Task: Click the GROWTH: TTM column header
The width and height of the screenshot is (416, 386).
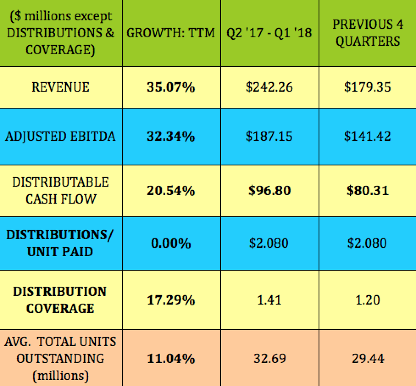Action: pyautogui.click(x=171, y=33)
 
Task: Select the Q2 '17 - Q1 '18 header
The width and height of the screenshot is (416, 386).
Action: pyautogui.click(x=269, y=33)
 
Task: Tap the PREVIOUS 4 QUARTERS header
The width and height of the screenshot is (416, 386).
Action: pyautogui.click(x=367, y=33)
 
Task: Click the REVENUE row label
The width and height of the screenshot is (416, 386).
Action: pyautogui.click(x=61, y=87)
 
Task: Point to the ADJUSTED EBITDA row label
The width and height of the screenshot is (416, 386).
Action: pyautogui.click(x=61, y=137)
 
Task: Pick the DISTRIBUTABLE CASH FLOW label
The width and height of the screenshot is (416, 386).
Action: pyautogui.click(x=61, y=190)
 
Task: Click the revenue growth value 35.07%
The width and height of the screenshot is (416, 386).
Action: pyautogui.click(x=171, y=87)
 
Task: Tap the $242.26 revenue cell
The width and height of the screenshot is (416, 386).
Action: pyautogui.click(x=269, y=87)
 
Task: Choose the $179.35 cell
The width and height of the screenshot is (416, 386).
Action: pyautogui.click(x=367, y=87)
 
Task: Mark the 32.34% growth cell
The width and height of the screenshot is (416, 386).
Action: pyautogui.click(x=171, y=137)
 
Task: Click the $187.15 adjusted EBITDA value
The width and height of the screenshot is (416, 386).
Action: pyautogui.click(x=269, y=137)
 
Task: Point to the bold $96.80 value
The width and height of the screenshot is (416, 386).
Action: pyautogui.click(x=269, y=190)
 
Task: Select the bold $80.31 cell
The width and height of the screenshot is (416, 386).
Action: pyautogui.click(x=367, y=190)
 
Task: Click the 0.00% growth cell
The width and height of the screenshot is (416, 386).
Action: pyautogui.click(x=171, y=243)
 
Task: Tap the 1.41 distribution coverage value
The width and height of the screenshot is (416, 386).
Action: pyautogui.click(x=269, y=300)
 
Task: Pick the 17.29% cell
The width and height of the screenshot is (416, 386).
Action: pyautogui.click(x=171, y=300)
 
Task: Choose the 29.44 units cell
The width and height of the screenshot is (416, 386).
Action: pyautogui.click(x=367, y=358)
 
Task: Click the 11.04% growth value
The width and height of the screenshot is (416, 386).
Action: pyautogui.click(x=171, y=358)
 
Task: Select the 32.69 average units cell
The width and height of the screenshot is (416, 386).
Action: pyautogui.click(x=269, y=358)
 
